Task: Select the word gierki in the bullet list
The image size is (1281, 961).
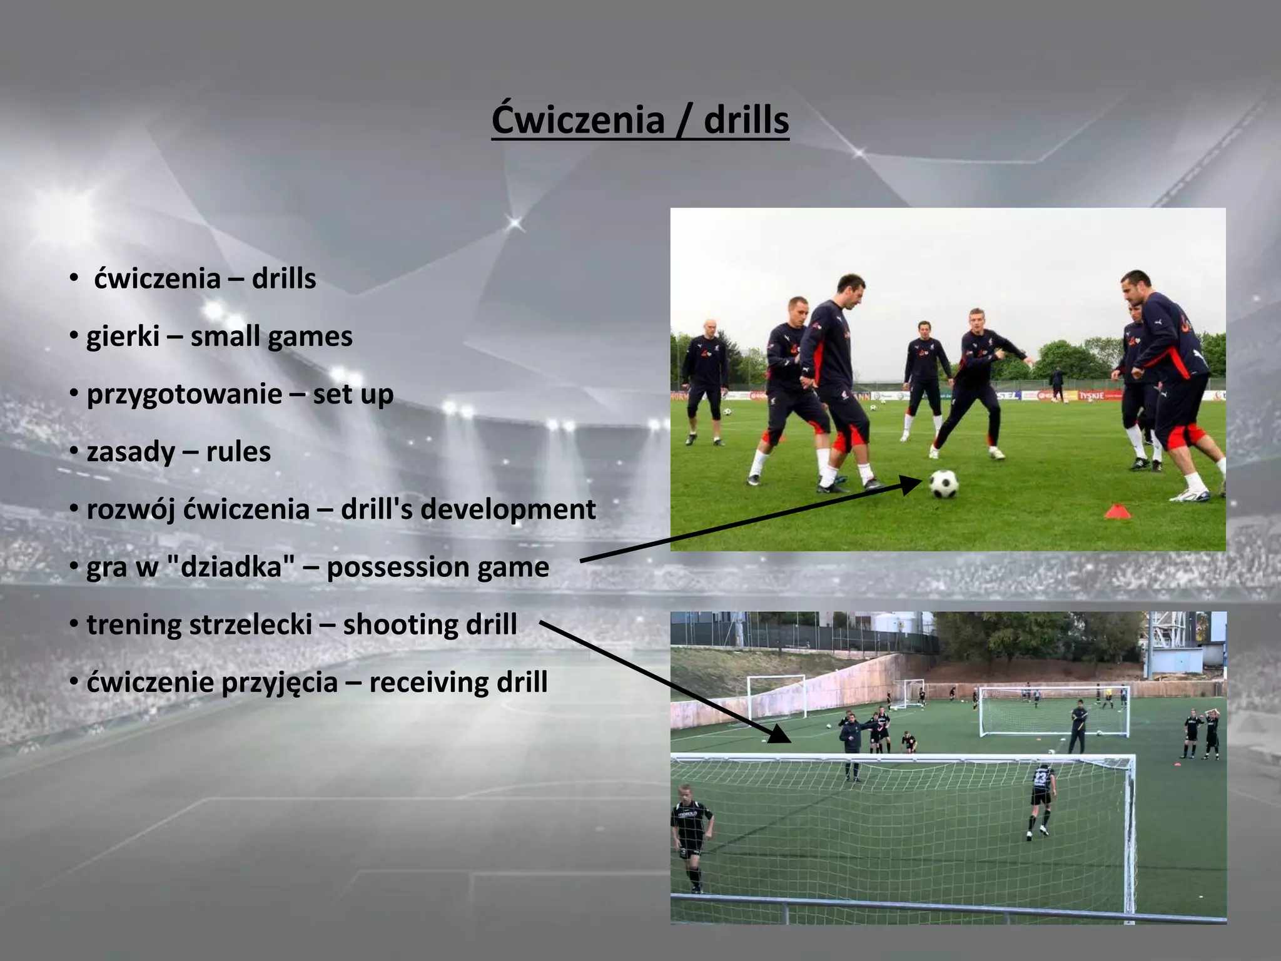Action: pos(123,337)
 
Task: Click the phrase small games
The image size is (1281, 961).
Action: pos(271,337)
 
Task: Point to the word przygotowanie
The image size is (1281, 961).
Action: pos(185,394)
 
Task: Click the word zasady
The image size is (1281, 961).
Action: pos(131,452)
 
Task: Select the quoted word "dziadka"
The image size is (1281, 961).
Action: pos(231,567)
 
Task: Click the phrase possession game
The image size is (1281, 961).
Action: pos(438,567)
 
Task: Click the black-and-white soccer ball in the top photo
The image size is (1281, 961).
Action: pos(943,484)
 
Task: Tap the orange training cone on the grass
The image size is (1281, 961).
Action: pos(1118,512)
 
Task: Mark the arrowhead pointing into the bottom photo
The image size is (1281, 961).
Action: pos(779,733)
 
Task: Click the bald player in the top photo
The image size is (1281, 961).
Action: pos(705,375)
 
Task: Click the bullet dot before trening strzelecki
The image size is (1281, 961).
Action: pos(74,624)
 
